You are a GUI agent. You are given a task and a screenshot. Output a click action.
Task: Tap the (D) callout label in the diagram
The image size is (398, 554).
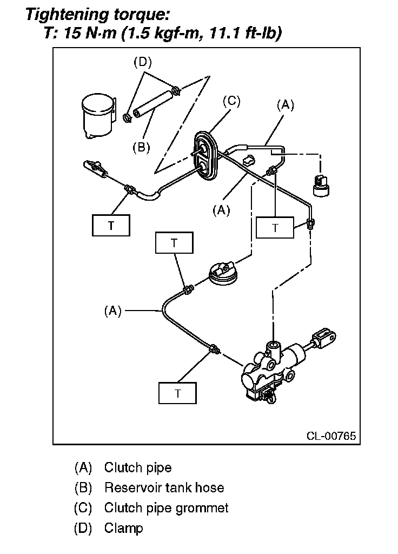[142, 62]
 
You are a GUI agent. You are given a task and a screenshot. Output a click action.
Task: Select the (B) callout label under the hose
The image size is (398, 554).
[141, 147]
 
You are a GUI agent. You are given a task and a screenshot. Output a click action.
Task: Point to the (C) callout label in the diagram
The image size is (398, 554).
[231, 101]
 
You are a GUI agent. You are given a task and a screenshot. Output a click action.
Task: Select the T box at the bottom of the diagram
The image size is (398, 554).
[177, 393]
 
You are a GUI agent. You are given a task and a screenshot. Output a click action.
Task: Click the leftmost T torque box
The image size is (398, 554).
[111, 225]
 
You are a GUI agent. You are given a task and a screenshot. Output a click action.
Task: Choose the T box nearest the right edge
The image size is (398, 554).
[275, 228]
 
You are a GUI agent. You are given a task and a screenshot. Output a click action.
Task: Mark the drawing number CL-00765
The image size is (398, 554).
[331, 436]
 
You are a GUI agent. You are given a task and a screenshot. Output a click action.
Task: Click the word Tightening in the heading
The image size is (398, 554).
[67, 15]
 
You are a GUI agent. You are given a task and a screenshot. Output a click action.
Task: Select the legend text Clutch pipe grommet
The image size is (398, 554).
[167, 508]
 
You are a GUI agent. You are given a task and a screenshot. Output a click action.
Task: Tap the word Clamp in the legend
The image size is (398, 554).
[124, 528]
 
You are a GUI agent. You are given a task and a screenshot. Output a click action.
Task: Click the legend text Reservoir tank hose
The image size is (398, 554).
[164, 487]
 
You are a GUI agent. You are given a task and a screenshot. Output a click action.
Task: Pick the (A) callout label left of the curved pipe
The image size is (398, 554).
[112, 311]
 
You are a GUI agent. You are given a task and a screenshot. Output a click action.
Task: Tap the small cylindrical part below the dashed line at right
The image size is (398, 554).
[321, 185]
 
